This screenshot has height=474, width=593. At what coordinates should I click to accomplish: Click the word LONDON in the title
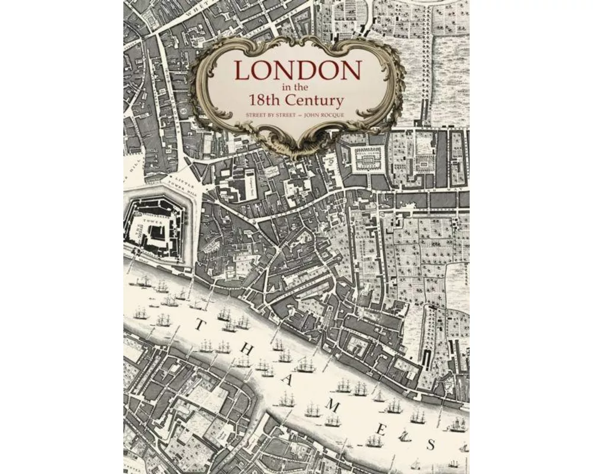298,71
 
